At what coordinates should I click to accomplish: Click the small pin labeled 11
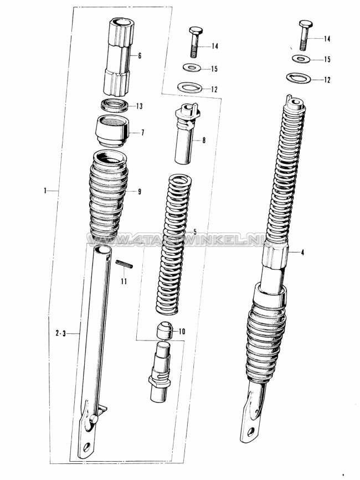click(125, 265)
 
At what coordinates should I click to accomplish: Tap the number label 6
click(140, 56)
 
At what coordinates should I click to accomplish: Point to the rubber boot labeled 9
click(109, 194)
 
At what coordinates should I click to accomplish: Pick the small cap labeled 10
click(163, 330)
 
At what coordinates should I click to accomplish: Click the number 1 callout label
click(44, 190)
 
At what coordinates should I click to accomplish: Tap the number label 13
click(139, 106)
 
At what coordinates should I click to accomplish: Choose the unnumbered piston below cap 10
click(161, 370)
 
